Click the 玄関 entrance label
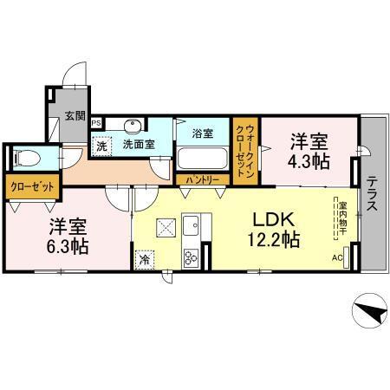[74, 115]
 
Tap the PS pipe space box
[96, 123]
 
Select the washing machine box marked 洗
[102, 145]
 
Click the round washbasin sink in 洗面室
[133, 125]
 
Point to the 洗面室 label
[139, 145]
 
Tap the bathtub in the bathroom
[202, 160]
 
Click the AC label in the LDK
[337, 258]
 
